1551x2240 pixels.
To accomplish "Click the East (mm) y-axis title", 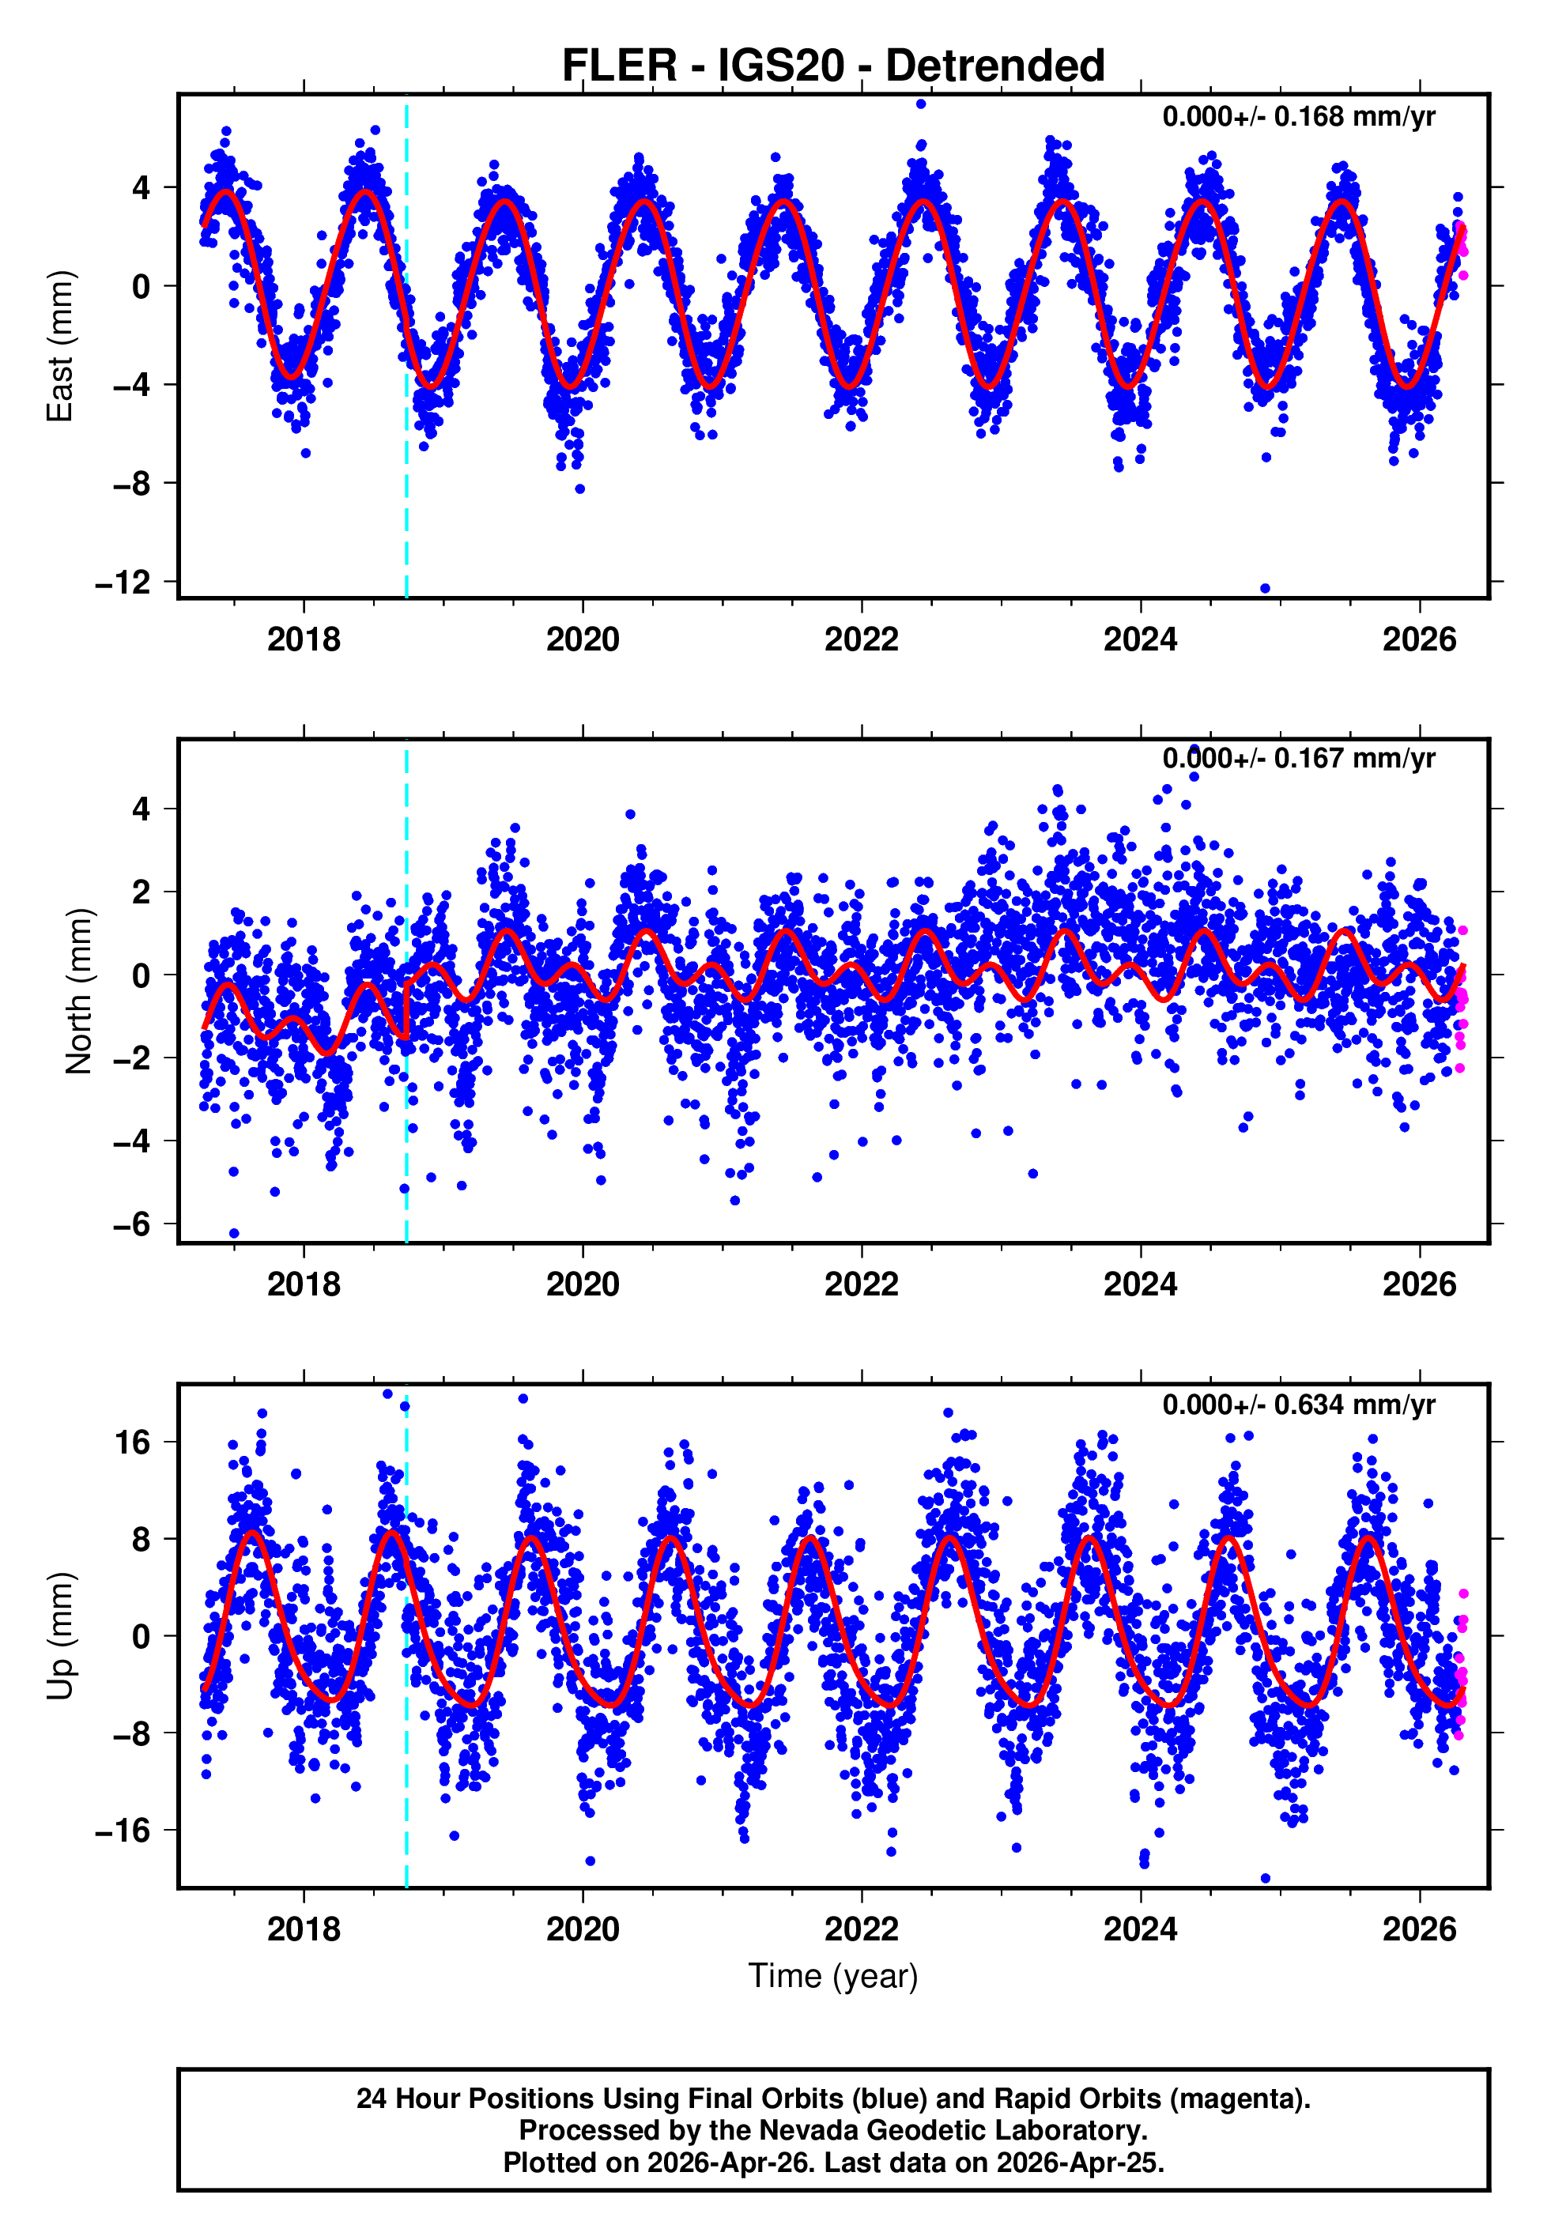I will coord(60,346).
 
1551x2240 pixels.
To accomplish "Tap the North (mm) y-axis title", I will coord(77,992).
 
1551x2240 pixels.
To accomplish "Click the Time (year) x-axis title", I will coord(833,1976).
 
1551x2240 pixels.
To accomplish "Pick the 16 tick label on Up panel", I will coord(132,1442).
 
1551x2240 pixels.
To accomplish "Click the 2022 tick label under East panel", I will coord(861,639).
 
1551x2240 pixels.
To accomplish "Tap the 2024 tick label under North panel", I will coord(1140,1284).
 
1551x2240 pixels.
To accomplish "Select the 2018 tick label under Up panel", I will coord(304,1929).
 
